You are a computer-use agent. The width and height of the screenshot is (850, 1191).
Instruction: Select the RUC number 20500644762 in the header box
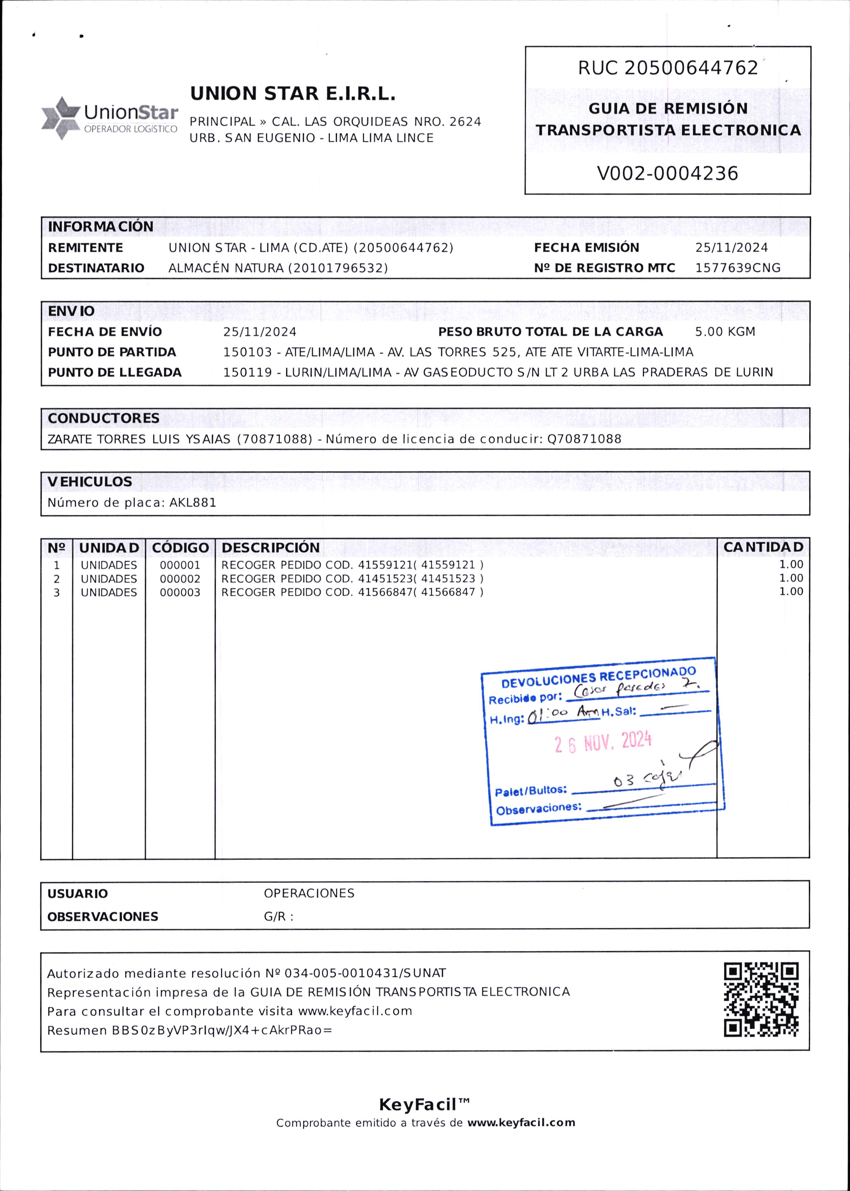pyautogui.click(x=691, y=68)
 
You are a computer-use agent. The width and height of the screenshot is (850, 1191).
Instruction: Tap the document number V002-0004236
pyautogui.click(x=667, y=173)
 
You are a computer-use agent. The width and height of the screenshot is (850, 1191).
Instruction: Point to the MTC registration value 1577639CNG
pyautogui.click(x=737, y=268)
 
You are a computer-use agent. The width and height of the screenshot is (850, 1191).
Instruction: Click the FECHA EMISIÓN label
pyautogui.click(x=586, y=248)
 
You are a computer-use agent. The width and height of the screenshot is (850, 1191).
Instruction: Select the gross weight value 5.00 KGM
pyautogui.click(x=725, y=332)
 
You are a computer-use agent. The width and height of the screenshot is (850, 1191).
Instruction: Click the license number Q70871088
pyautogui.click(x=584, y=439)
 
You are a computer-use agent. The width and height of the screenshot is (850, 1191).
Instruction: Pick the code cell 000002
pyautogui.click(x=180, y=579)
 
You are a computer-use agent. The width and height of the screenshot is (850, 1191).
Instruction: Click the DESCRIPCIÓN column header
pyautogui.click(x=271, y=547)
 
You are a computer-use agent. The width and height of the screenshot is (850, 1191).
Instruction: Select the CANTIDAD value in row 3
pyautogui.click(x=791, y=592)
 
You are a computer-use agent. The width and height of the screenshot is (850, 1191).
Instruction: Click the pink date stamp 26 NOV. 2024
pyautogui.click(x=603, y=742)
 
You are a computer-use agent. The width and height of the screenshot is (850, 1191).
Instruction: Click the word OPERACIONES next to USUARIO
pyautogui.click(x=309, y=893)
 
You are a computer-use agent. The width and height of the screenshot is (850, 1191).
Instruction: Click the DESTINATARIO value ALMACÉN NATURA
pyautogui.click(x=278, y=268)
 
